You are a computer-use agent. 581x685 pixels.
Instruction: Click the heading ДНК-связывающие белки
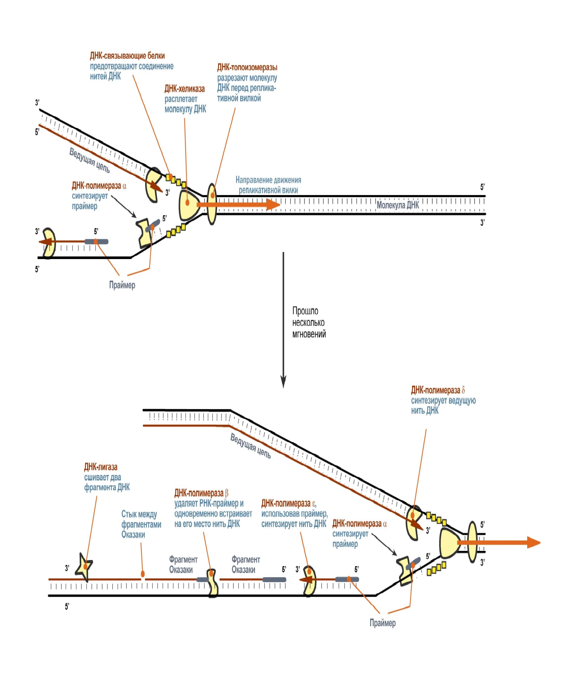click(127, 56)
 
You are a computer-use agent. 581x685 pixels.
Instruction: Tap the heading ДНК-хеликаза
click(184, 89)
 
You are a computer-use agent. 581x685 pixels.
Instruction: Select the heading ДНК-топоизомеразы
click(247, 67)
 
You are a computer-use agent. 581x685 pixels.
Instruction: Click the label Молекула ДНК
click(397, 205)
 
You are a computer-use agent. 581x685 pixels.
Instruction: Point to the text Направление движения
click(268, 180)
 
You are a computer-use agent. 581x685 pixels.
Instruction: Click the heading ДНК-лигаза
click(101, 467)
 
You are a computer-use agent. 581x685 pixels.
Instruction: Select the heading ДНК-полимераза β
click(201, 493)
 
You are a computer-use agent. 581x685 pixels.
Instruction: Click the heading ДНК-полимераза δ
click(438, 390)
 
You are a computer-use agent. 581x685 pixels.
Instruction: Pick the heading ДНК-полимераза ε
click(288, 503)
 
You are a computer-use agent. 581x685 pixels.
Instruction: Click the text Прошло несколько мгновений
click(308, 322)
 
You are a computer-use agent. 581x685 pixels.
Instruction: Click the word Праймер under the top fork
click(122, 285)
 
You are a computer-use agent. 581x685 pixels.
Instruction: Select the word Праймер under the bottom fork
click(382, 623)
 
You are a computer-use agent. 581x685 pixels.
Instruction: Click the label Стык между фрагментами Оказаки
click(141, 524)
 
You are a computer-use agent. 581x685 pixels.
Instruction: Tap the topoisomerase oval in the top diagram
click(212, 204)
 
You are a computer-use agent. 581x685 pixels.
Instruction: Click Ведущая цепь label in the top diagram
click(89, 160)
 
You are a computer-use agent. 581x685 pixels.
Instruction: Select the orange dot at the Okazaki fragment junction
click(143, 574)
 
